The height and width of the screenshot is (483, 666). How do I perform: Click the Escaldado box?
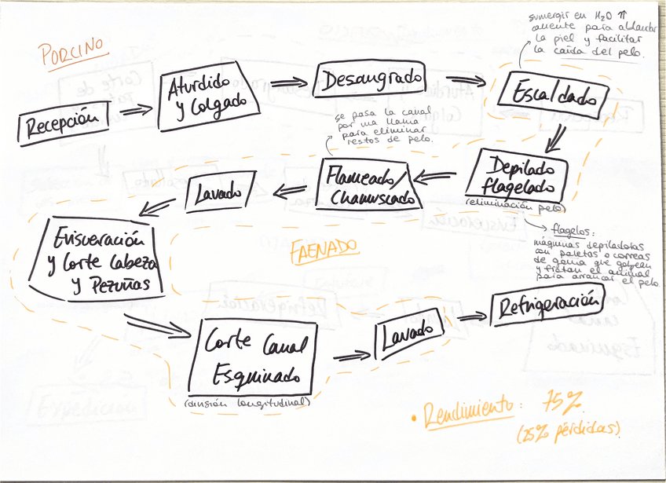[554, 96]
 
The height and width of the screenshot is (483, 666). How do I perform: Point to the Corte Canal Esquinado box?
[253, 356]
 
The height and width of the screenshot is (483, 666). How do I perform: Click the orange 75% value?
[562, 404]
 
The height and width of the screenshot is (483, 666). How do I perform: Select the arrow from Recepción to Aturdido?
[137, 110]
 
